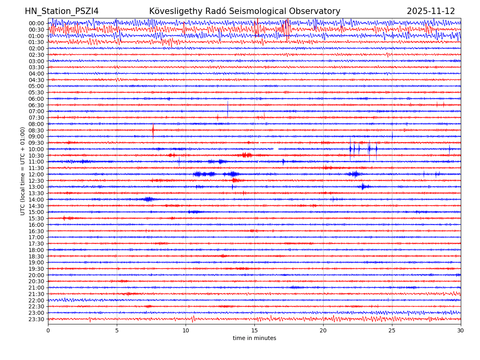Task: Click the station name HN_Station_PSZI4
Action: tap(62, 11)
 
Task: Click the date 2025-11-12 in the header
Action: tap(431, 11)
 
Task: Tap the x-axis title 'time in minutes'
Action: tap(254, 338)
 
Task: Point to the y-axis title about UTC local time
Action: tap(23, 171)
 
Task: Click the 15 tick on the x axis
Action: tap(254, 331)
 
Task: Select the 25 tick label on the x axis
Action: tap(392, 331)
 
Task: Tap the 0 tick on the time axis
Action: tap(48, 331)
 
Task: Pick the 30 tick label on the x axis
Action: tap(461, 331)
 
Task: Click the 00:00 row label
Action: tap(36, 23)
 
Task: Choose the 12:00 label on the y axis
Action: tap(36, 174)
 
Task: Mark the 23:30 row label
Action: tap(36, 319)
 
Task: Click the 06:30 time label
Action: tap(36, 105)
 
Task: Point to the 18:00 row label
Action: tap(36, 250)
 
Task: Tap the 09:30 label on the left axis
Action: tap(36, 143)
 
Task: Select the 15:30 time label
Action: tap(36, 218)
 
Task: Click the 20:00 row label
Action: tap(36, 275)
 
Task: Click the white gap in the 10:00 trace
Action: tap(276, 149)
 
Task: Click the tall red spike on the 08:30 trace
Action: tap(153, 130)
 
